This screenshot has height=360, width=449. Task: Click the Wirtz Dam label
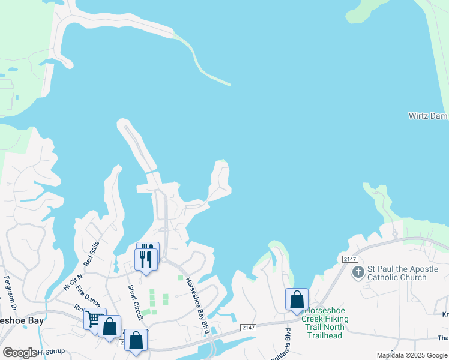[428, 115]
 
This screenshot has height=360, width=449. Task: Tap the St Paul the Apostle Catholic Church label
[397, 273]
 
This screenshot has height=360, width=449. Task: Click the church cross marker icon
[358, 272]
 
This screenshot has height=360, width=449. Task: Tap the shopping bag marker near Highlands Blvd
[297, 299]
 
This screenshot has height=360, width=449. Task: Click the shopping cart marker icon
[94, 319]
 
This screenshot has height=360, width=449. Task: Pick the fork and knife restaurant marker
[146, 258]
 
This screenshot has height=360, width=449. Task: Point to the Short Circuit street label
[135, 298]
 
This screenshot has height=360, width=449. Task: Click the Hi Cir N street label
[71, 281]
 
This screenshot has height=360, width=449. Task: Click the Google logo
[20, 353]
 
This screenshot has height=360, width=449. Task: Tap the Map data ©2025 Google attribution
[411, 355]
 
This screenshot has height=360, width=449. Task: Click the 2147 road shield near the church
[350, 259]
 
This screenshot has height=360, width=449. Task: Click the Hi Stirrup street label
[49, 353]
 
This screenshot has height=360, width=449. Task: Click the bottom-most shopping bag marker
[136, 341]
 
